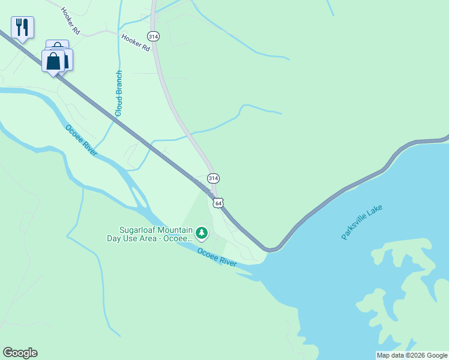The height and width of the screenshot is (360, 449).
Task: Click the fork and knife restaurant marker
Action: pyautogui.click(x=22, y=27)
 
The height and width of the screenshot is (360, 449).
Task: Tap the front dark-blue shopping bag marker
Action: pyautogui.click(x=53, y=61)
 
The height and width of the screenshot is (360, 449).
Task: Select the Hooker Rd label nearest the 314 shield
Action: pyautogui.click(x=135, y=42)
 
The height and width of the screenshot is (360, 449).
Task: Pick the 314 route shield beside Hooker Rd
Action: pyautogui.click(x=154, y=37)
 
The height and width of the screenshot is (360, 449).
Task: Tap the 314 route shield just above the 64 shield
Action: pyautogui.click(x=213, y=178)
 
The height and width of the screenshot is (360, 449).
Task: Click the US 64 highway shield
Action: pyautogui.click(x=218, y=203)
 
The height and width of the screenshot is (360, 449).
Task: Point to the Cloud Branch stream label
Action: pyautogui.click(x=119, y=93)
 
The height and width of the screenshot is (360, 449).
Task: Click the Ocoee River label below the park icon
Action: pyautogui.click(x=217, y=257)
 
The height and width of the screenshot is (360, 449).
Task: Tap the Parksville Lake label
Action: pyautogui.click(x=362, y=222)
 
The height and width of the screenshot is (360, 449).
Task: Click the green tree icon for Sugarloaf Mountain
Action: pyautogui.click(x=202, y=232)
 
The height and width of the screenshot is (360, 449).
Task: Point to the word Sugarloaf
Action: pyautogui.click(x=139, y=230)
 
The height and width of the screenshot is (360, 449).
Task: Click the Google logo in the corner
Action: pyautogui.click(x=20, y=353)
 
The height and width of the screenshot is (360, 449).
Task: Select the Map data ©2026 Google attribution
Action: pyautogui.click(x=412, y=355)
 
